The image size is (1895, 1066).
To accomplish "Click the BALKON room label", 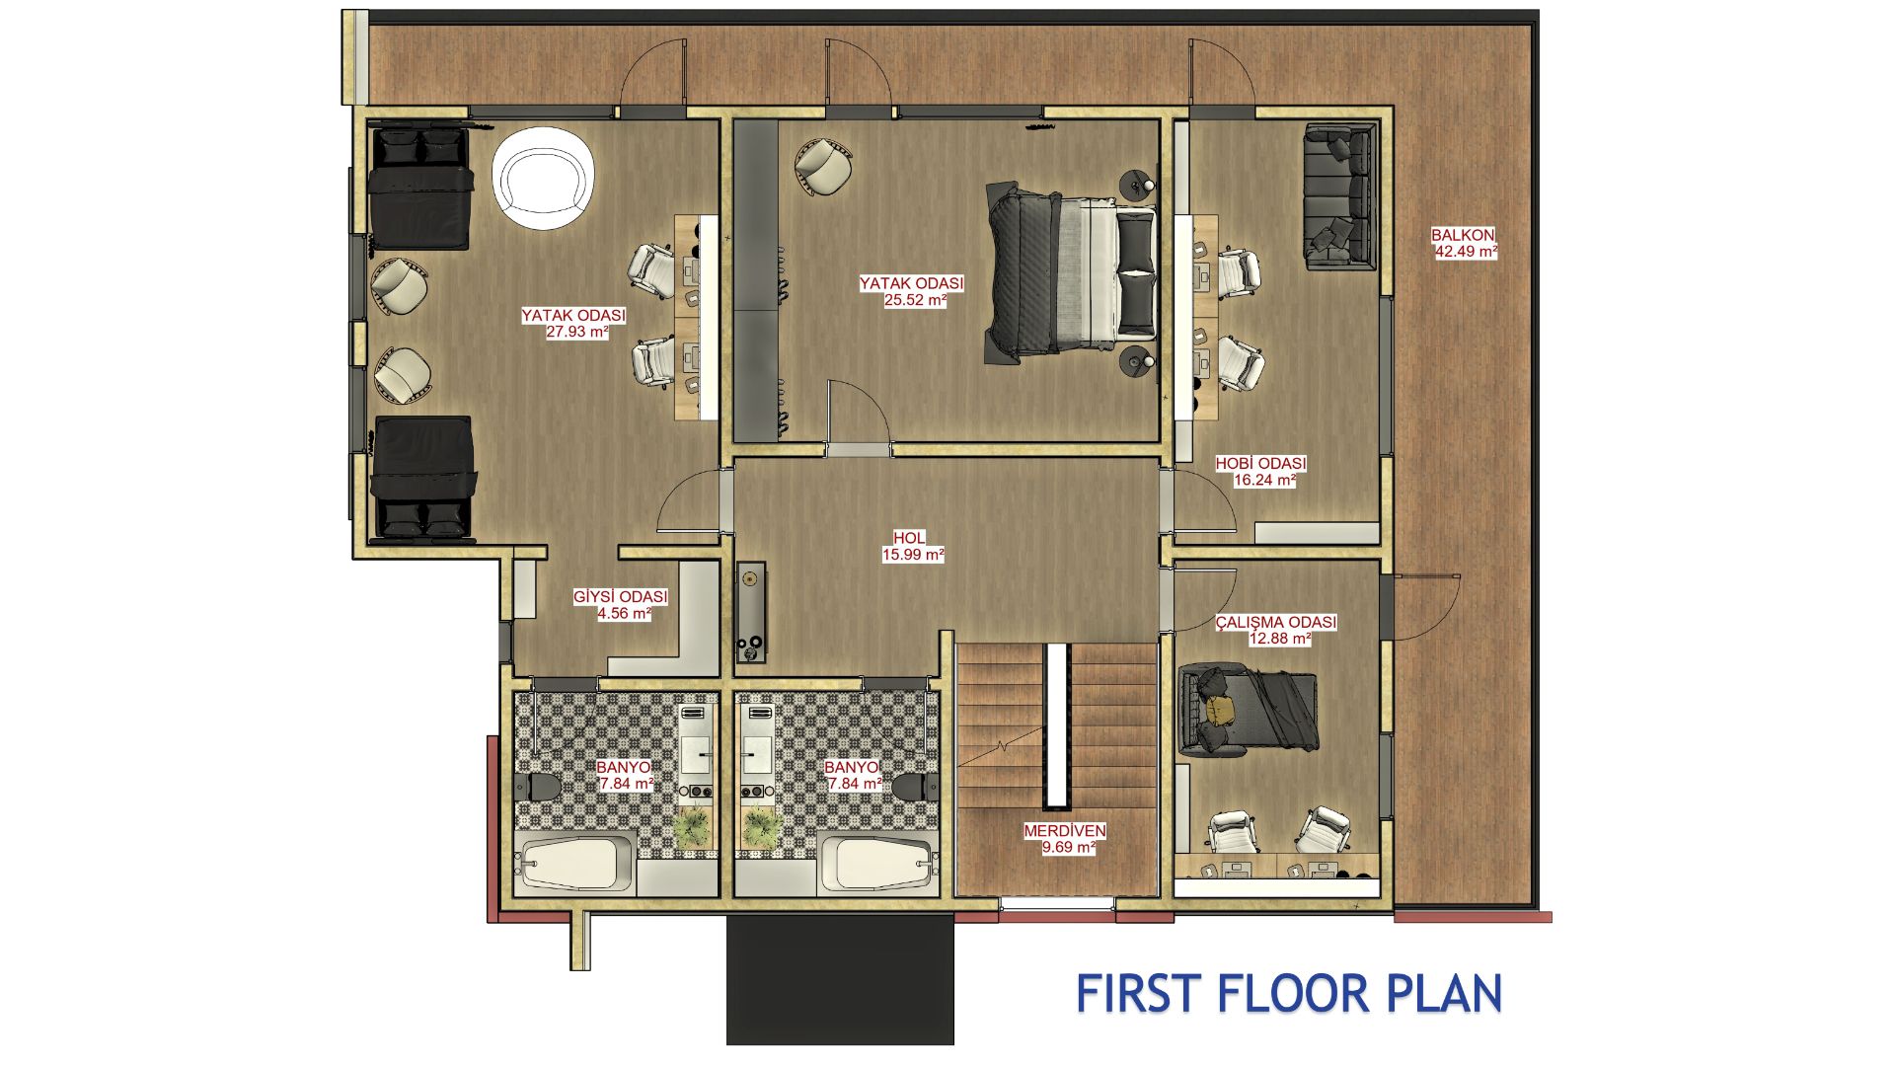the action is (1463, 235).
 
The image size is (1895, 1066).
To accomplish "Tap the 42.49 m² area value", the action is (1466, 252).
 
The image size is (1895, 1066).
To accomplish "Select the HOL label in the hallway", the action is (909, 538).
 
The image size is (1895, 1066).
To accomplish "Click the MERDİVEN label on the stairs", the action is (1065, 831).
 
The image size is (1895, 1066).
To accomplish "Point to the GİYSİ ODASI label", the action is (621, 597).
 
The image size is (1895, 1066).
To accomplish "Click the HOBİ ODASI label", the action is (1260, 463).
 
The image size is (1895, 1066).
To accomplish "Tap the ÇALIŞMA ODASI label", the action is (1276, 622).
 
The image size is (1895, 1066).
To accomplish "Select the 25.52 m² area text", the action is (915, 300).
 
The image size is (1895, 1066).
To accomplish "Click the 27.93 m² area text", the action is (577, 332).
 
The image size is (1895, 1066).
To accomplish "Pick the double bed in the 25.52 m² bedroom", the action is (1071, 268).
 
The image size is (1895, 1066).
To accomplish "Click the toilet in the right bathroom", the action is (914, 787).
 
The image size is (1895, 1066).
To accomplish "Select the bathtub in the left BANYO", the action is (575, 864).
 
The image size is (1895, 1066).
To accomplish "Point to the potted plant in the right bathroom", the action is (759, 826).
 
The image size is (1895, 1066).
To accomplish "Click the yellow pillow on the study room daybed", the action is (1222, 709).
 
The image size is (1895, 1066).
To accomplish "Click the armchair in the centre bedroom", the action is (823, 167).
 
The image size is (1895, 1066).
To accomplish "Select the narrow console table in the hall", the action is (751, 612).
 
